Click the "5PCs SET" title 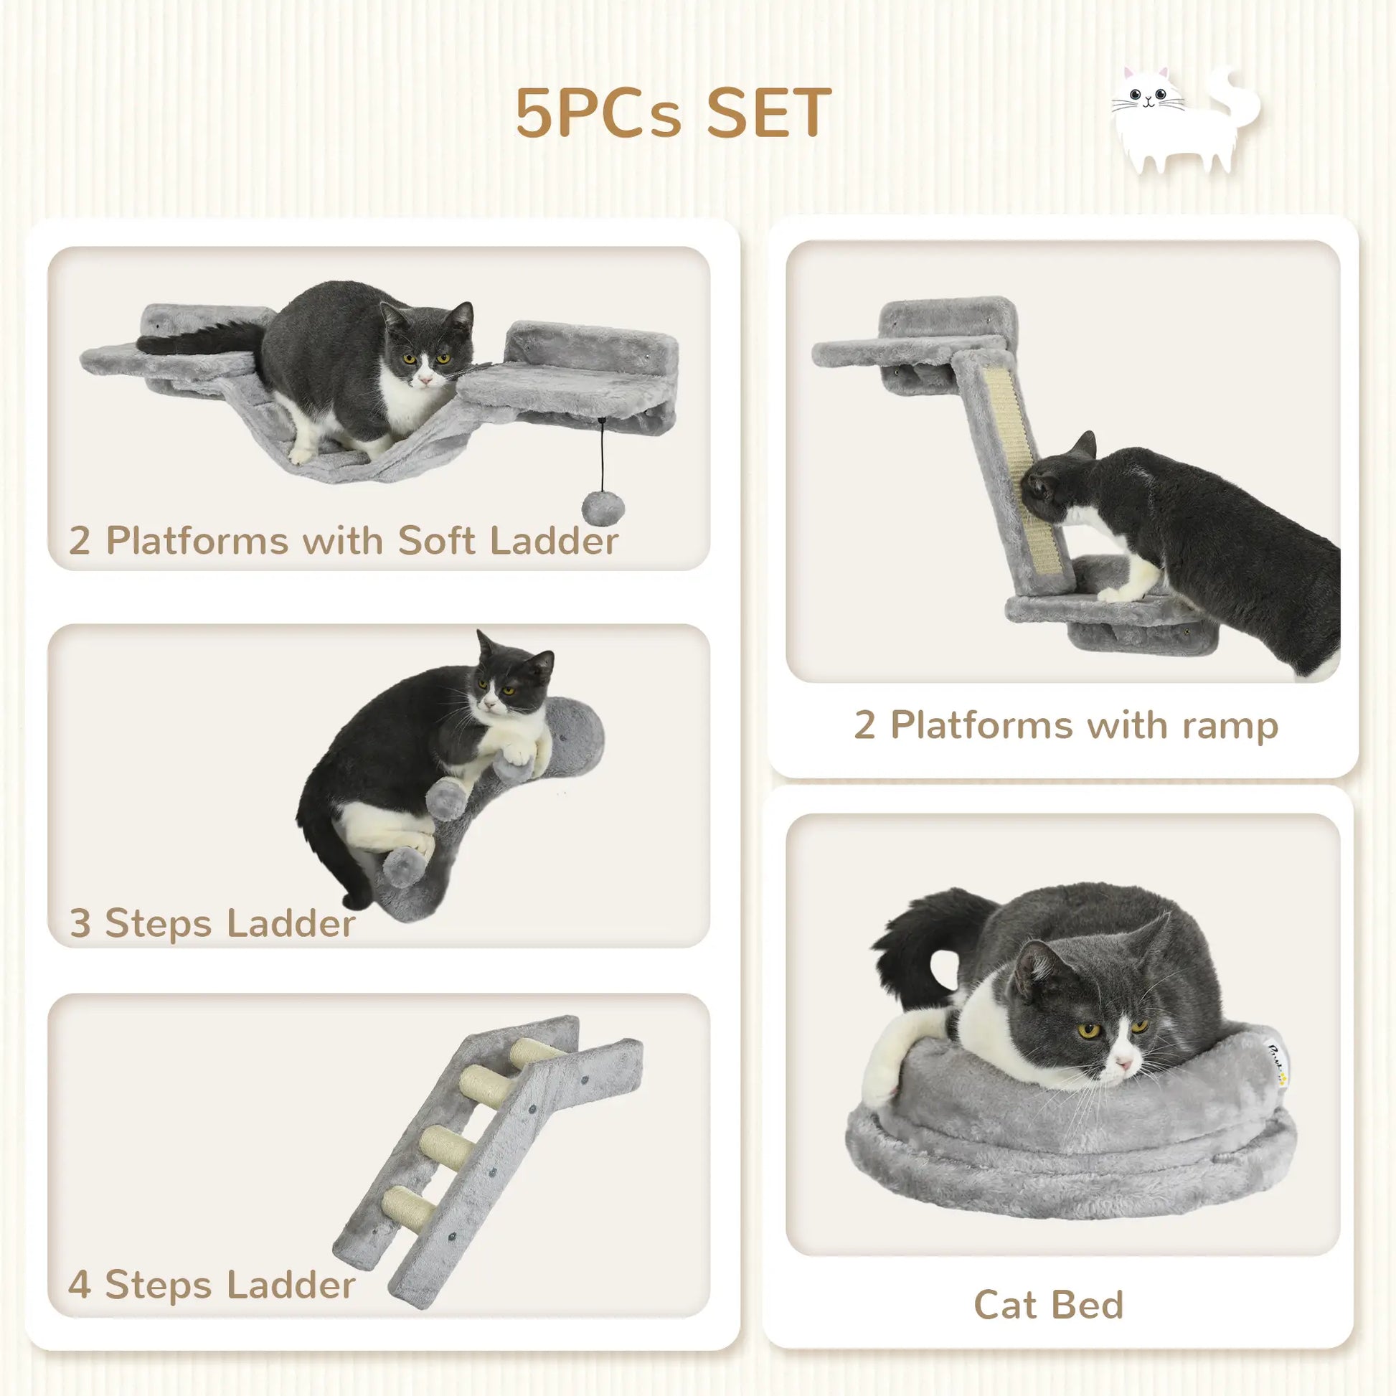[x=673, y=114]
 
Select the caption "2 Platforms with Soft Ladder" [x=344, y=540]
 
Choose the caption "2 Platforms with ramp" [x=1066, y=725]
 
